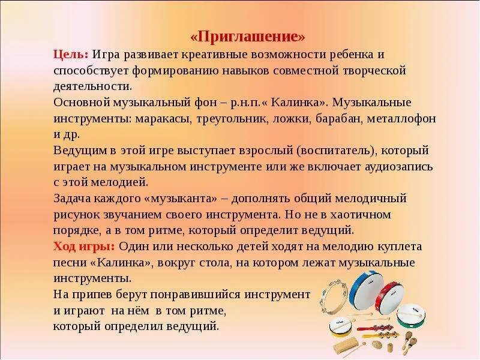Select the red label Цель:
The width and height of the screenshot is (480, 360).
(71, 55)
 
